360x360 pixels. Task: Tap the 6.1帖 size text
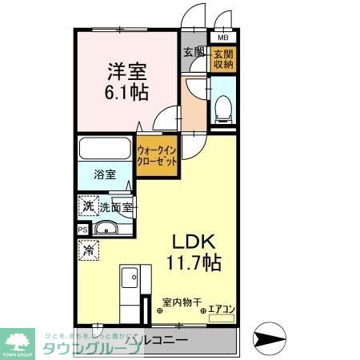(x=126, y=93)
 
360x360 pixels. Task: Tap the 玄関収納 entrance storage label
(x=222, y=58)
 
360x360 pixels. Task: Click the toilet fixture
(x=223, y=107)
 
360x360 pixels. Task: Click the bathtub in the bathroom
(x=106, y=150)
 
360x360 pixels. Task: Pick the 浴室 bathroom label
(x=104, y=174)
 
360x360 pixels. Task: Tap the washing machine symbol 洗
(x=87, y=206)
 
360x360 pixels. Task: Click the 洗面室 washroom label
(x=115, y=206)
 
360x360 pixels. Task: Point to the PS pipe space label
(x=83, y=230)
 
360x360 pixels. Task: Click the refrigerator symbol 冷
(x=87, y=251)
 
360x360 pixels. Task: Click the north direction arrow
(x=267, y=338)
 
